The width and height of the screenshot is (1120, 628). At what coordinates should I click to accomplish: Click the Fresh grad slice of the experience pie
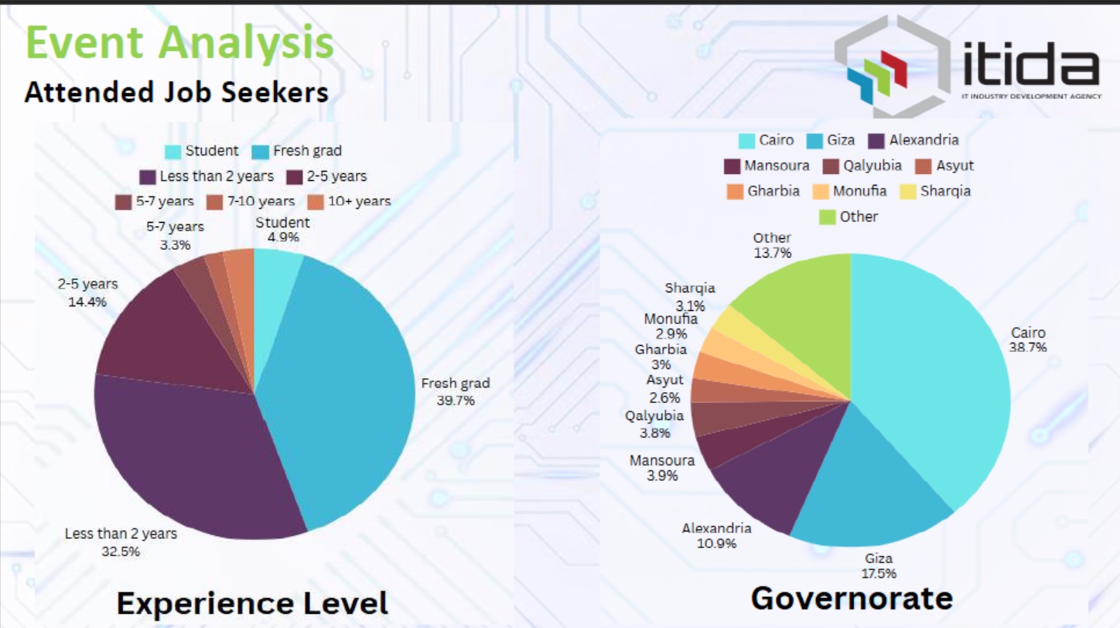pos(348,387)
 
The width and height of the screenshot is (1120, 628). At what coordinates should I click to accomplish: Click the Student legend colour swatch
pos(173,152)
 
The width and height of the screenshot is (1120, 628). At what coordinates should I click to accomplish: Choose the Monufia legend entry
pos(850,191)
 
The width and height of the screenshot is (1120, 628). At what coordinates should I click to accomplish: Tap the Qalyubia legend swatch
pos(831,166)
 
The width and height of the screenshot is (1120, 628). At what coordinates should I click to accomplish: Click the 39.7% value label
pos(456,401)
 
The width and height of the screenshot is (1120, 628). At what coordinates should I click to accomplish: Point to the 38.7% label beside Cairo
pos(1028,348)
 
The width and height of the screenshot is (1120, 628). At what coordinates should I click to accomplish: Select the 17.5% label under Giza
pos(879,573)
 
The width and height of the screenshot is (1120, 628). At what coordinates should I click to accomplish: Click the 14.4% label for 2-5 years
pos(87,302)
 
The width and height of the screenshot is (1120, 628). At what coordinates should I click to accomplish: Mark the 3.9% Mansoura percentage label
pos(662,476)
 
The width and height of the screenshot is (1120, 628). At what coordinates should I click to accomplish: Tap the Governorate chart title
pos(851,599)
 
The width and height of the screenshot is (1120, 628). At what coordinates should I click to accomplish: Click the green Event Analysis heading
pos(179,43)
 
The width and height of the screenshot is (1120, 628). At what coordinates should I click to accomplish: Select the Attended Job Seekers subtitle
pos(176,93)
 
